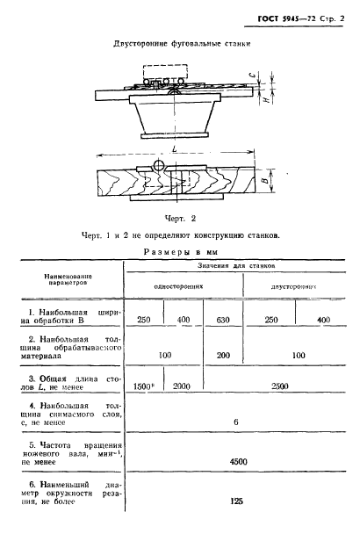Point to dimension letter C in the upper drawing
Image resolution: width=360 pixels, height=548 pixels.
276,77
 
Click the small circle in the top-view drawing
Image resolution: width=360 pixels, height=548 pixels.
159,166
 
